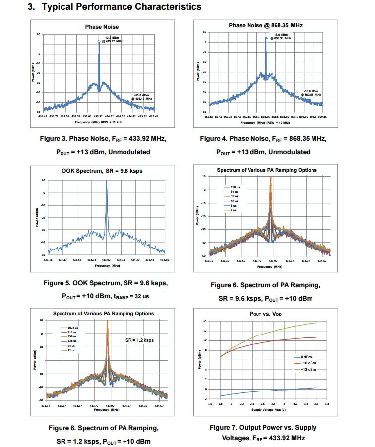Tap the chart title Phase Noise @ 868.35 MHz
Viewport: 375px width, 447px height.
265,25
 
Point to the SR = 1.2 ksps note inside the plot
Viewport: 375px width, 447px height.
139,341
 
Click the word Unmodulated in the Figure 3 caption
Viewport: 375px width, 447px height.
141,152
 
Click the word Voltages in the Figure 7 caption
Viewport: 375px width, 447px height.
239,438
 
